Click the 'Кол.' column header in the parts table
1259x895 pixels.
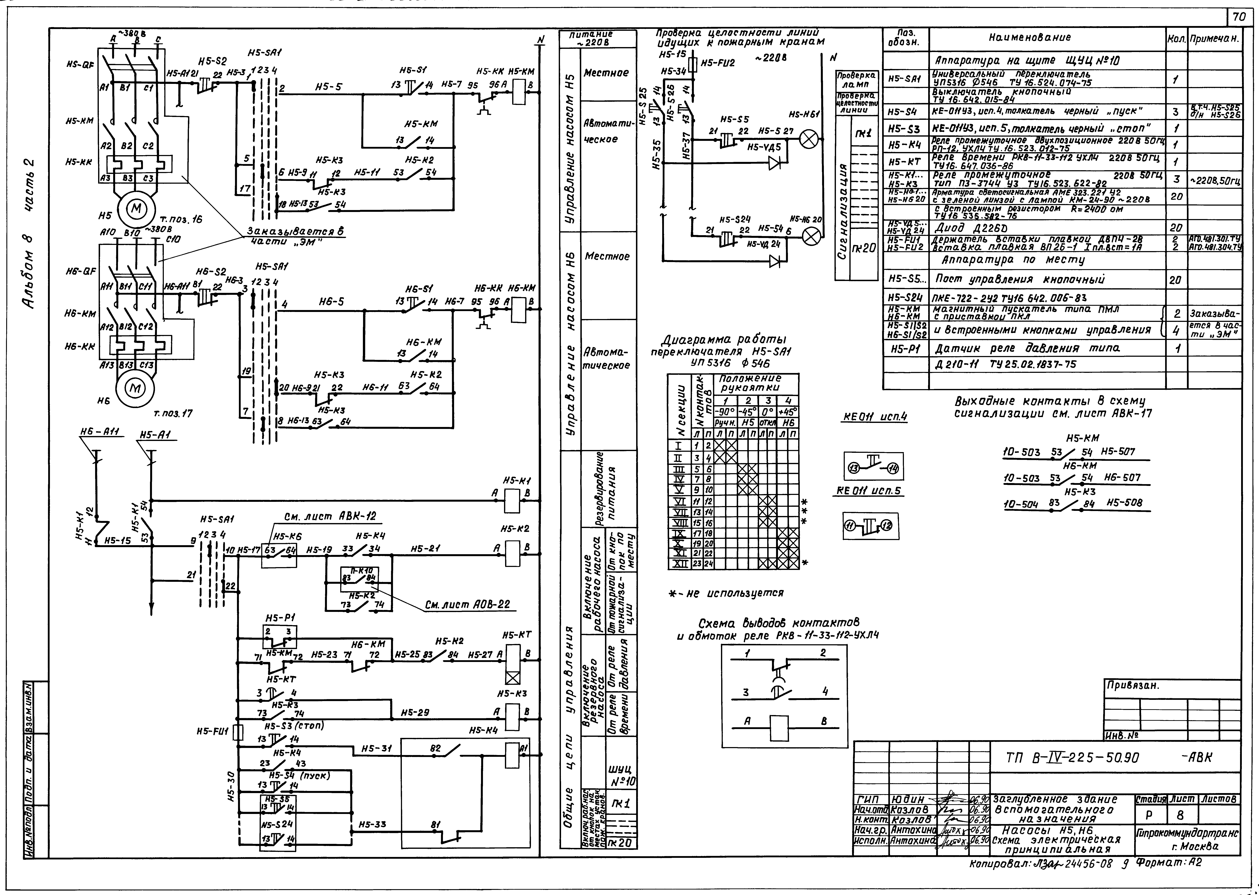pos(1176,39)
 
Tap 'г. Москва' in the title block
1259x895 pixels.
pos(1194,847)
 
